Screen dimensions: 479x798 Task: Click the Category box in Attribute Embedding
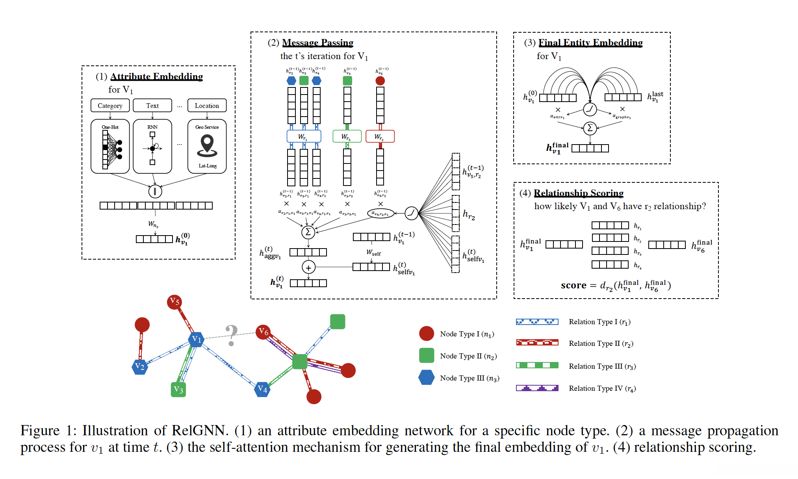click(110, 106)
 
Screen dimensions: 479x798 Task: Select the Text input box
click(152, 106)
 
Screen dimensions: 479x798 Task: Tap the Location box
click(207, 106)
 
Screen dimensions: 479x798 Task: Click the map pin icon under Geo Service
click(207, 145)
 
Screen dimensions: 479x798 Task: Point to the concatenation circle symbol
click(155, 191)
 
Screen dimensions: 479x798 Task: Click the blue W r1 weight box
click(304, 136)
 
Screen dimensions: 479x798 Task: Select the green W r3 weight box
click(347, 136)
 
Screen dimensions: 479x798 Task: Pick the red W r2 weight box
click(380, 136)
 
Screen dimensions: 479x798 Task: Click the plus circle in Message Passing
click(308, 267)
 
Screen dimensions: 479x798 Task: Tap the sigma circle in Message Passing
click(308, 232)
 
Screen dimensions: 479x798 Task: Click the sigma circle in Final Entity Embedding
click(590, 128)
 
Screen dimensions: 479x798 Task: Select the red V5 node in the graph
click(174, 302)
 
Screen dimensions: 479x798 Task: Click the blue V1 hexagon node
click(196, 339)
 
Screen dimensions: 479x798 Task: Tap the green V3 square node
click(178, 390)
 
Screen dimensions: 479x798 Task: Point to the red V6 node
click(263, 332)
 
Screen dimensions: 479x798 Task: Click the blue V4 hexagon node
click(262, 389)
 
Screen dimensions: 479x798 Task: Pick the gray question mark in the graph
click(232, 335)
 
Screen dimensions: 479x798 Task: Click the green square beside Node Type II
click(427, 355)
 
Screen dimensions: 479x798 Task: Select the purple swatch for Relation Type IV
click(537, 388)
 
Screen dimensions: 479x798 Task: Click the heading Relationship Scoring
click(578, 193)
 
